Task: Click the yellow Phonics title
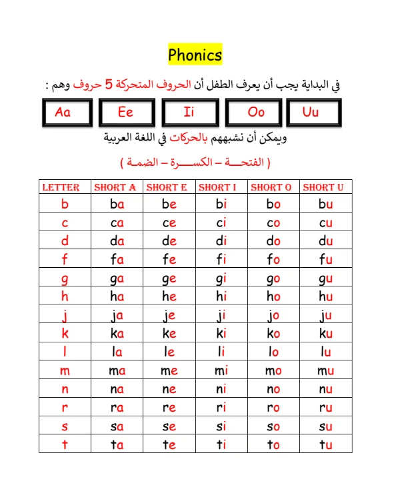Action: (195, 55)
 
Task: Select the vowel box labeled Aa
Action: (63, 112)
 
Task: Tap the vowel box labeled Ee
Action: (125, 112)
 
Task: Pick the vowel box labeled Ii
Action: (189, 112)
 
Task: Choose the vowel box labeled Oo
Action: (255, 112)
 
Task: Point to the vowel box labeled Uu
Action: (311, 112)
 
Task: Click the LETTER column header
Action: (61, 187)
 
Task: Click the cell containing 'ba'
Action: (117, 205)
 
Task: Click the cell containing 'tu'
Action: (325, 445)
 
